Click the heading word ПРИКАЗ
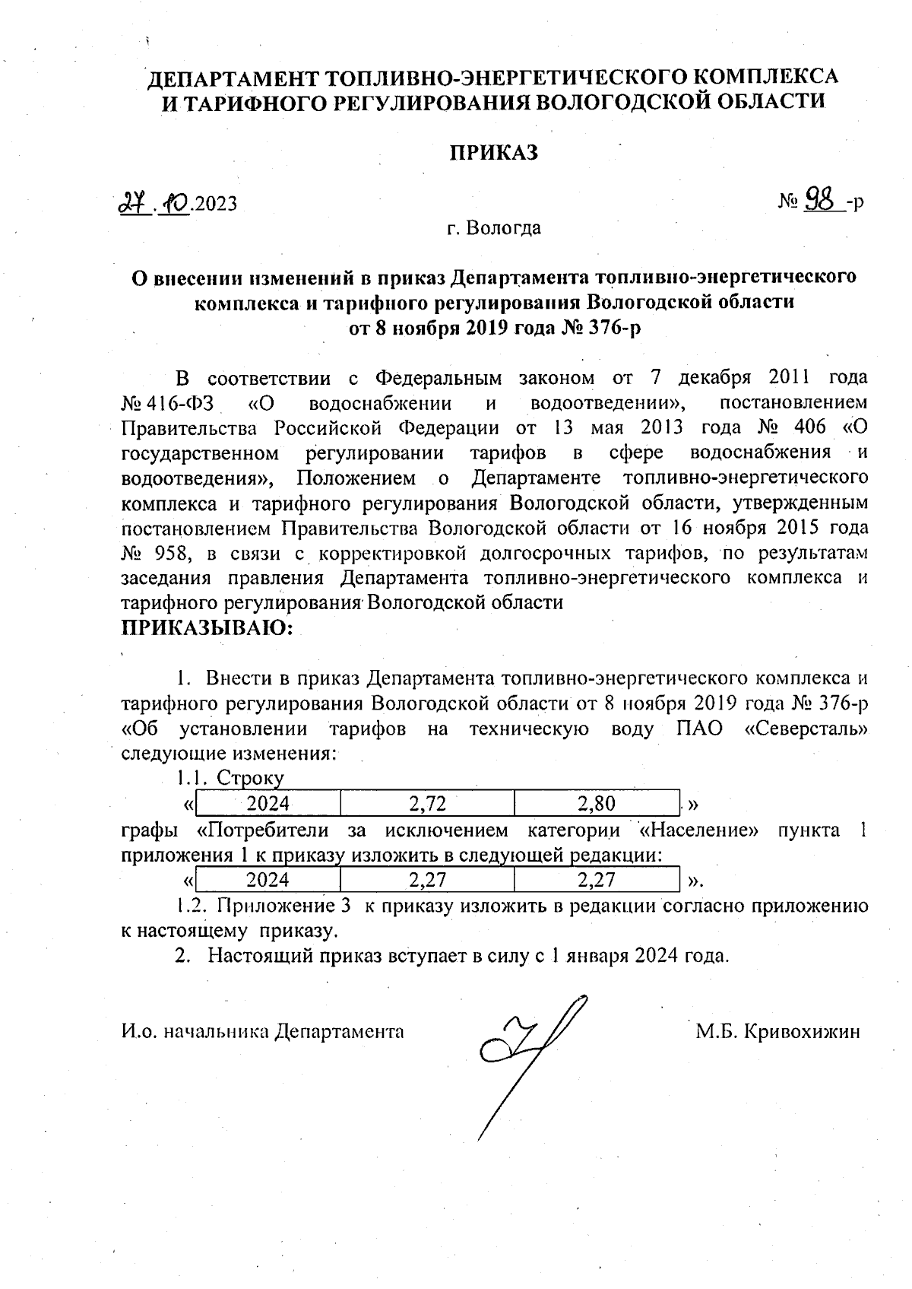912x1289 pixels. (x=493, y=153)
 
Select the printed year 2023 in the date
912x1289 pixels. (x=216, y=204)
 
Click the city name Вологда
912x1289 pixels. (x=504, y=228)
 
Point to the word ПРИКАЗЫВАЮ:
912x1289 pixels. (x=207, y=628)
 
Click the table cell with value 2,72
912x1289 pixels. (x=427, y=803)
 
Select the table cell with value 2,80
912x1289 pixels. (x=597, y=803)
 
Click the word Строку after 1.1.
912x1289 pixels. (x=250, y=778)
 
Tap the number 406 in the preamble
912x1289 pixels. (x=809, y=427)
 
